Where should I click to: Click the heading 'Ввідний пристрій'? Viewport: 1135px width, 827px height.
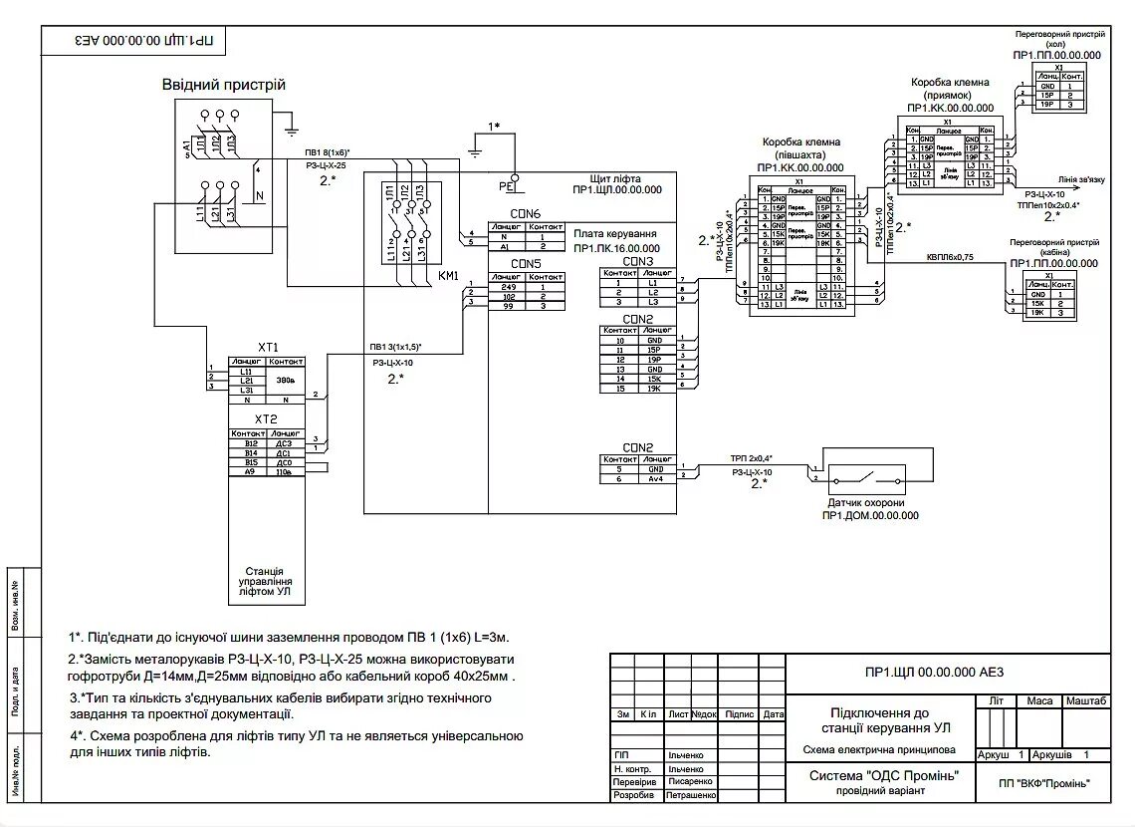point(224,85)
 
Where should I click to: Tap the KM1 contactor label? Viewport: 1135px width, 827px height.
point(448,276)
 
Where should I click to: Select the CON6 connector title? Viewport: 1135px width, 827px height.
point(525,214)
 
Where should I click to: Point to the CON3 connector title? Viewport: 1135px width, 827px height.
point(637,261)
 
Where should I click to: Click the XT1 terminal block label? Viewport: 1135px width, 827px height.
point(268,347)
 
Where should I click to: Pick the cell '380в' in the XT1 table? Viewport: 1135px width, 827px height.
point(286,381)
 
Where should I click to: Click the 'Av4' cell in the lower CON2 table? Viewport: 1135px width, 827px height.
point(656,479)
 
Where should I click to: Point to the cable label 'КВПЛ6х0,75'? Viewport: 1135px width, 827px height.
point(950,257)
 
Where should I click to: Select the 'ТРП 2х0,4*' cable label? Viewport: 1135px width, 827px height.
point(752,458)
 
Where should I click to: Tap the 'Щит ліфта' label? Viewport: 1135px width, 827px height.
point(613,177)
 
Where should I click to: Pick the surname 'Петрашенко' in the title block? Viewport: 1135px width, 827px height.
point(691,796)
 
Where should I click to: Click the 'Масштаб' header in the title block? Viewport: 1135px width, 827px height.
point(1086,701)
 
